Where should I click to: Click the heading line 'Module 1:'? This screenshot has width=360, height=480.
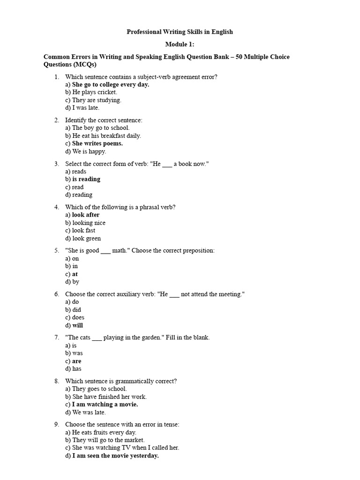(x=180, y=45)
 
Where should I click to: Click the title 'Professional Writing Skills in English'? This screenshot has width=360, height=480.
(x=180, y=32)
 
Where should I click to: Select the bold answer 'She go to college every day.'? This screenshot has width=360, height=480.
(x=111, y=84)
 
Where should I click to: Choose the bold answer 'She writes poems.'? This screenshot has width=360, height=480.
(x=97, y=143)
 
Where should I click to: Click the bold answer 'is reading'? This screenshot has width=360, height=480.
(x=86, y=179)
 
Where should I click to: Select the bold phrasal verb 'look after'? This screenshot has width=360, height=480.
(x=86, y=215)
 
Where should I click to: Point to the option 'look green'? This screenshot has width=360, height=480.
(x=86, y=238)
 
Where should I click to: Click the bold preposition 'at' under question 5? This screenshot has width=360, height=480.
(x=75, y=274)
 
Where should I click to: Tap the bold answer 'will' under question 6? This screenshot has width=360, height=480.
(x=77, y=325)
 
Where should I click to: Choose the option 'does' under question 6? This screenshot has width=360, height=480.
(x=78, y=317)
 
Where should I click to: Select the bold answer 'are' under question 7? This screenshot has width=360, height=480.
(x=76, y=361)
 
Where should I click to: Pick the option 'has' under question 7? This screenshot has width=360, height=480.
(x=77, y=369)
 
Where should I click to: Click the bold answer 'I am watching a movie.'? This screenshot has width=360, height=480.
(x=105, y=404)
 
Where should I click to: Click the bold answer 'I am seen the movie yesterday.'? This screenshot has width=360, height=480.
(x=115, y=456)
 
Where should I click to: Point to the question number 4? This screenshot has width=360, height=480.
(x=56, y=207)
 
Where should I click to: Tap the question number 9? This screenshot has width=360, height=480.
(x=56, y=424)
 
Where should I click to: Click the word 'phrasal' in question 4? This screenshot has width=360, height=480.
(x=142, y=207)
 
